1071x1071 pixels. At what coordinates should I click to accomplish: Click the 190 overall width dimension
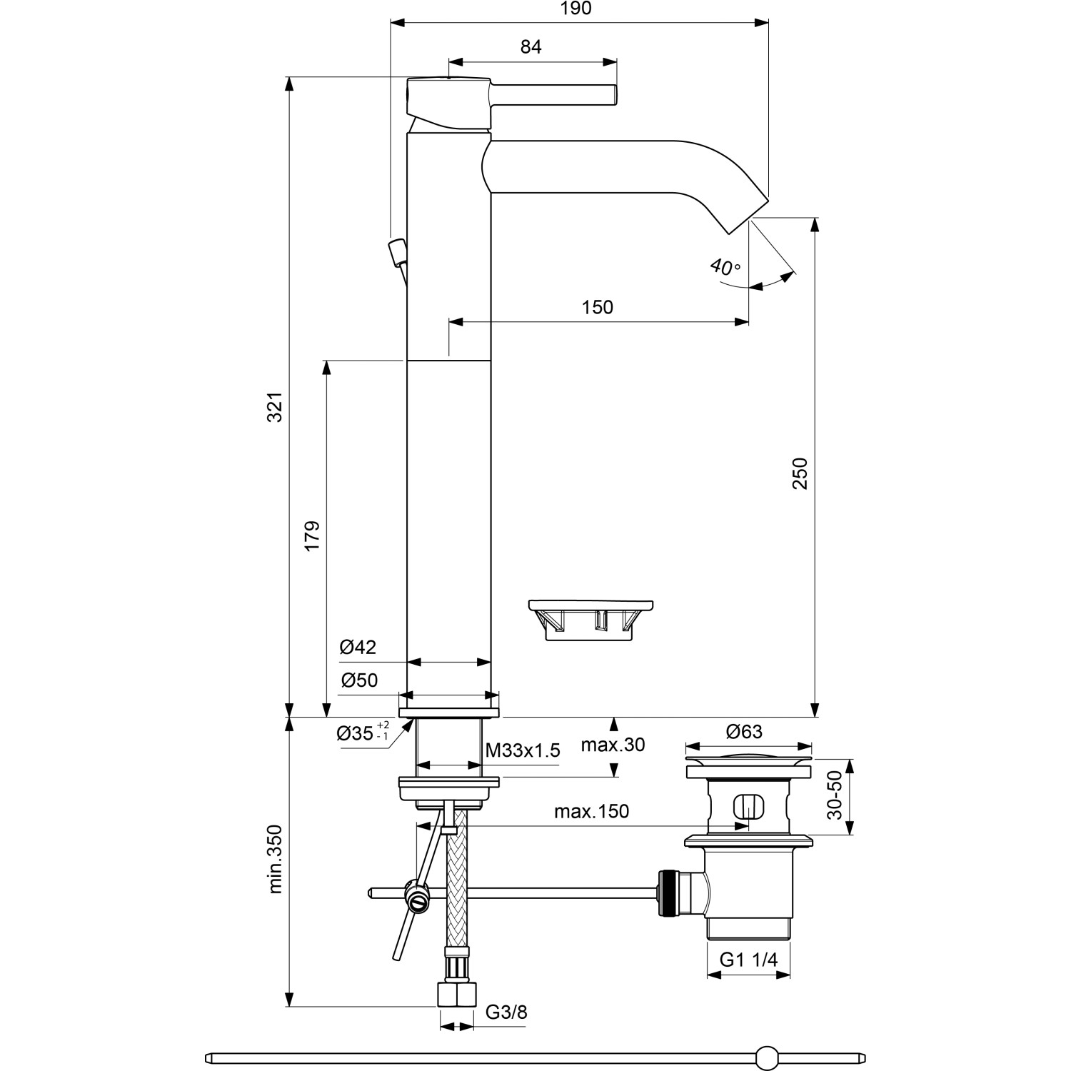[x=577, y=9]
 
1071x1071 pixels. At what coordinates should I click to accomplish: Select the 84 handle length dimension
[x=531, y=47]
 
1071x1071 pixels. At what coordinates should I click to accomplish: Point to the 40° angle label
[x=725, y=268]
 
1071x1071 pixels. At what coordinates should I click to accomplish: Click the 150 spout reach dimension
[x=597, y=307]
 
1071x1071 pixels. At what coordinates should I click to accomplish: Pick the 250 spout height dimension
[x=800, y=473]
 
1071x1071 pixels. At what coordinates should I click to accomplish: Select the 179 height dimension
[x=312, y=535]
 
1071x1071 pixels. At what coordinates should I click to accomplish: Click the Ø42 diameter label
[x=358, y=647]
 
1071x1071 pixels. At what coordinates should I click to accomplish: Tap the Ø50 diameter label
[x=359, y=680]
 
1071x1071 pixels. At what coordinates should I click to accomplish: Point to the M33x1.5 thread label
[x=523, y=750]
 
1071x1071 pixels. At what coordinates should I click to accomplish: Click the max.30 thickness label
[x=613, y=745]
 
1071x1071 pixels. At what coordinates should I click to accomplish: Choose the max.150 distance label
[x=591, y=811]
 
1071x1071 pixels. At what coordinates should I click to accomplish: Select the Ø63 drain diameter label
[x=744, y=732]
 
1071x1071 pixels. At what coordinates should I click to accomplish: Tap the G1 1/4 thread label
[x=748, y=960]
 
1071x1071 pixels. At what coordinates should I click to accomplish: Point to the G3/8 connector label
[x=506, y=1012]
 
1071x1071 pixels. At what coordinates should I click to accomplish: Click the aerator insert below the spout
[x=591, y=618]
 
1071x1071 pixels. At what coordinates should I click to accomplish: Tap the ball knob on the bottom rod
[x=767, y=1057]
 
